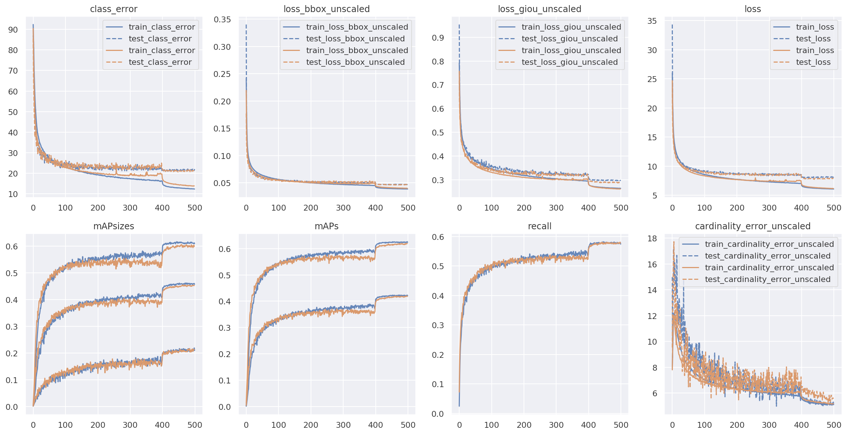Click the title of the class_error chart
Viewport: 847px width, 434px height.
(113, 9)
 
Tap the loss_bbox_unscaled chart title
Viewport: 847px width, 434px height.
(326, 9)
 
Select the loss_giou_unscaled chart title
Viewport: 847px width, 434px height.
(539, 9)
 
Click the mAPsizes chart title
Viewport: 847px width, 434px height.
(113, 226)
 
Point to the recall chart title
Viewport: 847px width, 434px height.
(539, 226)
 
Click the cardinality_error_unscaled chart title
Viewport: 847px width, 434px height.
(753, 226)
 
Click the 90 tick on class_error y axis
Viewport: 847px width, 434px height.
(13, 30)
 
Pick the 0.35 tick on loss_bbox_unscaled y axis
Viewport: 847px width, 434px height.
(222, 19)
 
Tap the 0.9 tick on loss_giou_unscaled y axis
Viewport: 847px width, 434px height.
(438, 37)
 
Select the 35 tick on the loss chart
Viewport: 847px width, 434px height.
(652, 21)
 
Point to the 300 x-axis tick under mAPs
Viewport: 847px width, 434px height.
(343, 425)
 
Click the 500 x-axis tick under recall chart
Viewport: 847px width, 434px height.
(621, 425)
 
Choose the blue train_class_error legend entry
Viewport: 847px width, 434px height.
(162, 27)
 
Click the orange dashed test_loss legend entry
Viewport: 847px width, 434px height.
(813, 62)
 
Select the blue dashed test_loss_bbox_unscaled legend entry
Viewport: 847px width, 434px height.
(355, 39)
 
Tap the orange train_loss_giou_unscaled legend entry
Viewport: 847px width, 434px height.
(571, 51)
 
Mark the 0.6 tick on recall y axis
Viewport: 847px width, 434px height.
(438, 237)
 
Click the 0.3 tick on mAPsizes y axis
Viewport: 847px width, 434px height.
(12, 326)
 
